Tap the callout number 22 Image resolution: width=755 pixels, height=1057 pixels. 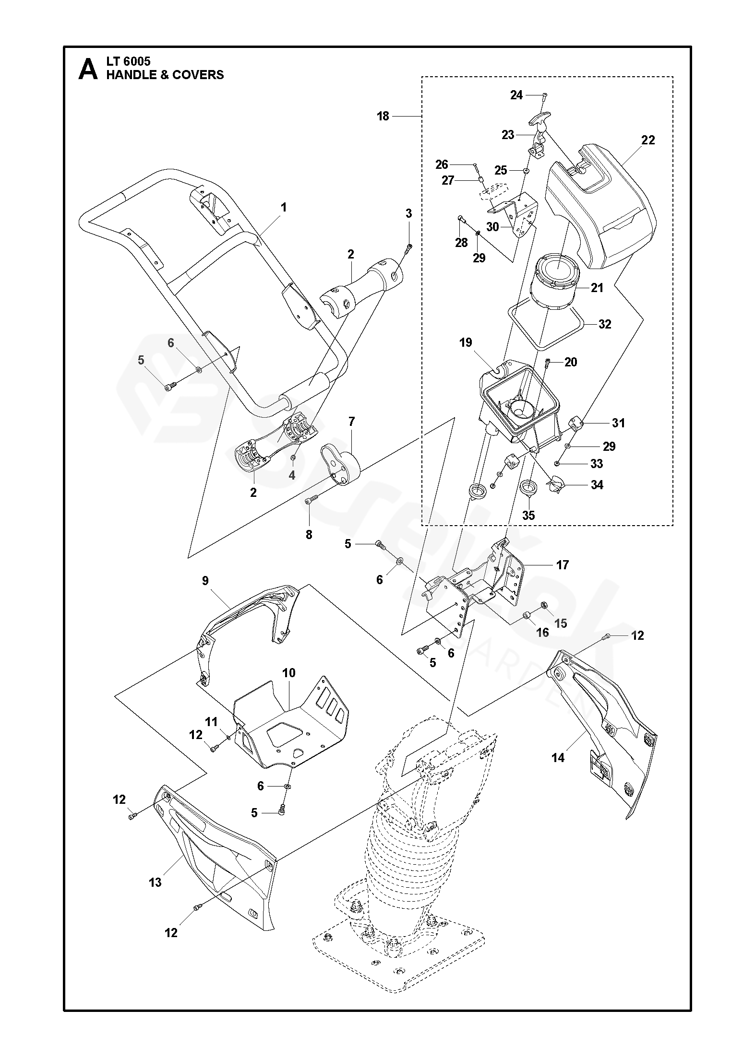[647, 140]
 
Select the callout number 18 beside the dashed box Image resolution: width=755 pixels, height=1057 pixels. [383, 116]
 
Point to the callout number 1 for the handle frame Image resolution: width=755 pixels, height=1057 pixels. [284, 207]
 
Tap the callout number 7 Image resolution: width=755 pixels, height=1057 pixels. [351, 422]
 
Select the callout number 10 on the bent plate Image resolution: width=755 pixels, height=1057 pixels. [288, 673]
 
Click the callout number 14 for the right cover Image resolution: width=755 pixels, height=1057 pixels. [558, 757]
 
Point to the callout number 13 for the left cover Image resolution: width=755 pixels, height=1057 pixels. [155, 882]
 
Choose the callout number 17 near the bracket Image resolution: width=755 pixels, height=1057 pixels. [562, 564]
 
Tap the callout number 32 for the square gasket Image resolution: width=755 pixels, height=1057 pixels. [605, 324]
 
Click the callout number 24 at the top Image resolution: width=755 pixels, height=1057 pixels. [516, 95]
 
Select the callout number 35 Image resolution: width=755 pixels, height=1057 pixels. [528, 516]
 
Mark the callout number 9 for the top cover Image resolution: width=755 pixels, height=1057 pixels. [205, 581]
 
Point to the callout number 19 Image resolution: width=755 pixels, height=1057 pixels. [466, 342]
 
